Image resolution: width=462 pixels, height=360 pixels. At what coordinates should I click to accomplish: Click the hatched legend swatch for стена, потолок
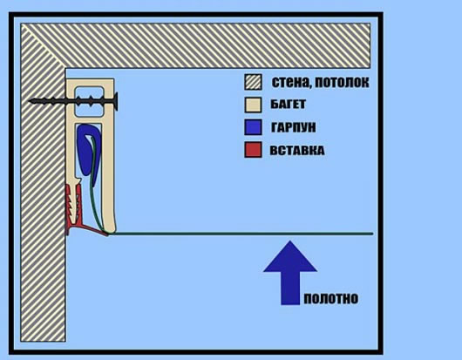click(x=253, y=82)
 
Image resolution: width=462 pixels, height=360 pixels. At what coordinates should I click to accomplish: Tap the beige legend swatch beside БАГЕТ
click(x=253, y=105)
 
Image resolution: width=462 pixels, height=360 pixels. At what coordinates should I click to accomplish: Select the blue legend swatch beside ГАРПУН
click(x=253, y=127)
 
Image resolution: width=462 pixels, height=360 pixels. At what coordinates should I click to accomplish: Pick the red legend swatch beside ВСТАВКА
click(x=253, y=150)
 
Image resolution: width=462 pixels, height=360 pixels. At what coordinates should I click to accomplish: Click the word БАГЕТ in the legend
click(x=288, y=105)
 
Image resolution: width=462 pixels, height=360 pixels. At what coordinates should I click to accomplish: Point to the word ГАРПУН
click(x=293, y=127)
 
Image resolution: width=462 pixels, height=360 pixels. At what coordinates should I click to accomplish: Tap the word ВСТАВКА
click(x=297, y=151)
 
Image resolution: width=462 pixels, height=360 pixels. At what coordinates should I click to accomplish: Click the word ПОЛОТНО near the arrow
click(x=331, y=299)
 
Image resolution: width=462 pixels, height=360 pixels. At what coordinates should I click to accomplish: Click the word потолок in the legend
click(x=342, y=83)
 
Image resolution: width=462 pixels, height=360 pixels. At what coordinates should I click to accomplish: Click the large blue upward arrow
click(x=290, y=273)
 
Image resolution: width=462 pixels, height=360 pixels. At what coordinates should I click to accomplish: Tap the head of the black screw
click(x=115, y=101)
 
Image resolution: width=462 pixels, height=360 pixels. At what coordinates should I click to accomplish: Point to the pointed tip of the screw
click(x=29, y=101)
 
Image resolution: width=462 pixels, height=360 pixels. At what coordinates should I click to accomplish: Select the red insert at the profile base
click(x=79, y=211)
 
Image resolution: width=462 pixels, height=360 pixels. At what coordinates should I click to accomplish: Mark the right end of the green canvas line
click(x=372, y=234)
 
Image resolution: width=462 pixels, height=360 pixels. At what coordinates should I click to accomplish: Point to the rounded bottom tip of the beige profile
click(x=111, y=231)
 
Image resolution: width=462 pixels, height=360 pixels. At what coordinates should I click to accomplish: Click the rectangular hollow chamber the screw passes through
click(x=89, y=101)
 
